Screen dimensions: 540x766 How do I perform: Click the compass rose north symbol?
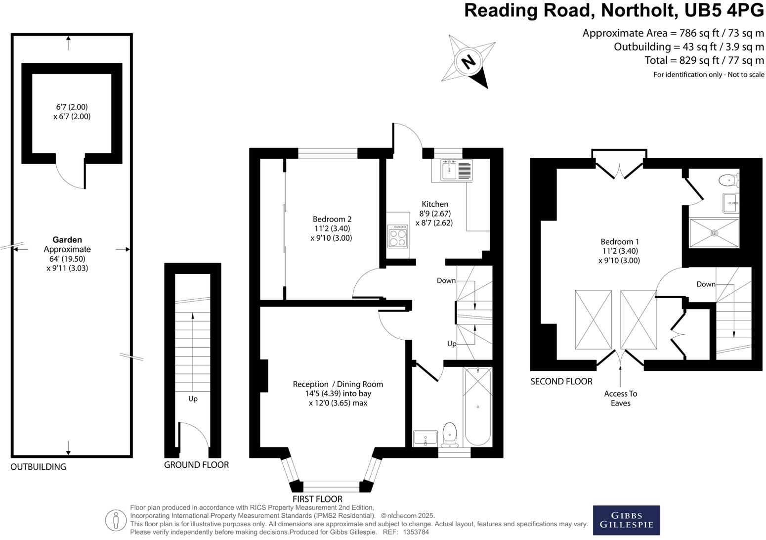click(x=468, y=62)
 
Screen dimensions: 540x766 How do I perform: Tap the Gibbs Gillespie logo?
click(x=626, y=520)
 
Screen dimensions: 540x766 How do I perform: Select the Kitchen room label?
click(x=435, y=204)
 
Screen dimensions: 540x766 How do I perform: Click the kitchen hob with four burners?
click(x=398, y=235)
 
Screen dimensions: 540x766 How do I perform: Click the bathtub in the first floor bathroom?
click(x=478, y=406)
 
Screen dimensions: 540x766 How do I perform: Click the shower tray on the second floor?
click(x=714, y=232)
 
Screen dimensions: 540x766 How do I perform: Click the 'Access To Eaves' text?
click(x=620, y=398)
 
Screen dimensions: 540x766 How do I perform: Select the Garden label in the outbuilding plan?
click(x=67, y=240)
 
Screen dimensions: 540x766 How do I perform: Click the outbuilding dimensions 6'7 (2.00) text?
click(x=72, y=112)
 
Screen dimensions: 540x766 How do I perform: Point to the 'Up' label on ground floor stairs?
click(x=193, y=399)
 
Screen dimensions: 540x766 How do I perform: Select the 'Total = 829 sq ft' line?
click(x=704, y=60)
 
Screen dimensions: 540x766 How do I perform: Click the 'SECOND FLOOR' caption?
click(x=561, y=381)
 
